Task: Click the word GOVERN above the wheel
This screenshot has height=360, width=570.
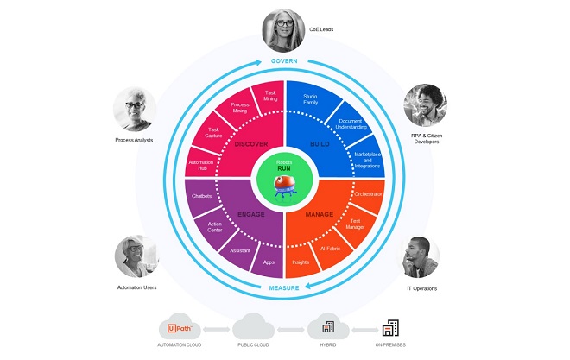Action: point(285,61)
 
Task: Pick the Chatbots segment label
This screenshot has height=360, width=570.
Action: point(201,196)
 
